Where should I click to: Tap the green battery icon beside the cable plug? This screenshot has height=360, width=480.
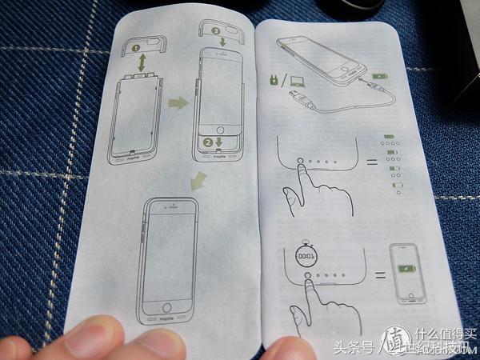pyautogui.click(x=378, y=78)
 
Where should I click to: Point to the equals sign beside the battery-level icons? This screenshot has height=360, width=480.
pyautogui.click(x=370, y=164)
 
